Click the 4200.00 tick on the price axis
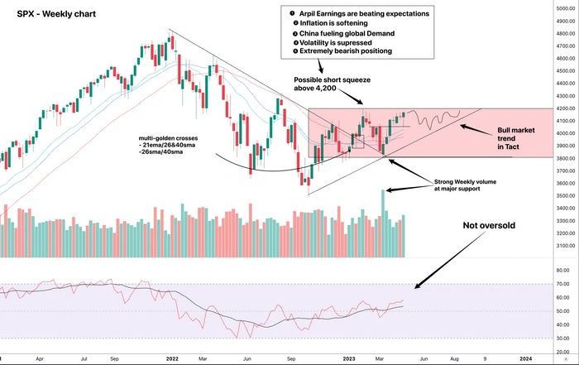pos(556,108)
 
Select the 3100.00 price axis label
pos(556,246)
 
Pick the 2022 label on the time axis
pos(173,358)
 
